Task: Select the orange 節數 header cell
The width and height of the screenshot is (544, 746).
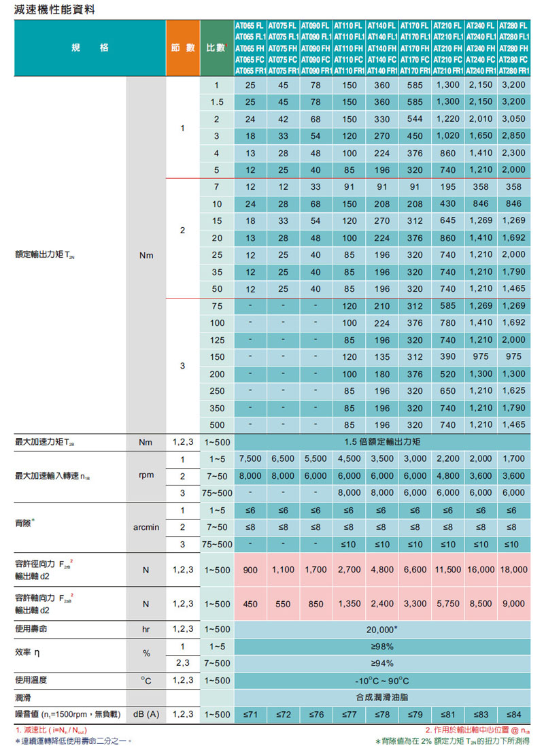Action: tap(184, 49)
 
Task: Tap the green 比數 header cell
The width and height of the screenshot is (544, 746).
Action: tap(216, 49)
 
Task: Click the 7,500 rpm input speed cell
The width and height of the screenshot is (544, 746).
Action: tap(250, 459)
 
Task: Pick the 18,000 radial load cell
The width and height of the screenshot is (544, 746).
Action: tap(514, 571)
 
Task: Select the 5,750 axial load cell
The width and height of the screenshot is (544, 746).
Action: tap(448, 604)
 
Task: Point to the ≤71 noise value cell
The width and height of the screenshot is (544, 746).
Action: tap(250, 715)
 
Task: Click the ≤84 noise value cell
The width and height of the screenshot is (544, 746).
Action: tap(514, 715)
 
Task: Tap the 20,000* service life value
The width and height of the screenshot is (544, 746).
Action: tap(382, 630)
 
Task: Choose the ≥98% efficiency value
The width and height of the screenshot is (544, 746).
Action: tap(382, 647)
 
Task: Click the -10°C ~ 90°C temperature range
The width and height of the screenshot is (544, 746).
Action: tap(382, 681)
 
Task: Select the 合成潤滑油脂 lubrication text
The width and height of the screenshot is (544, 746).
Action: tap(382, 698)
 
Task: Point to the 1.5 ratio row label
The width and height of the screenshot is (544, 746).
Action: tap(216, 102)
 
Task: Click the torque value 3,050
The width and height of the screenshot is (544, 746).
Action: tap(514, 119)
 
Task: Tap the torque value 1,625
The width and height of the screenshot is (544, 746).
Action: tap(514, 391)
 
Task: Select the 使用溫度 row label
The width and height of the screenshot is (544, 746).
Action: tap(32, 681)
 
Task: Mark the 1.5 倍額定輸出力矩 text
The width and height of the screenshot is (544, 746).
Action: tap(382, 442)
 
